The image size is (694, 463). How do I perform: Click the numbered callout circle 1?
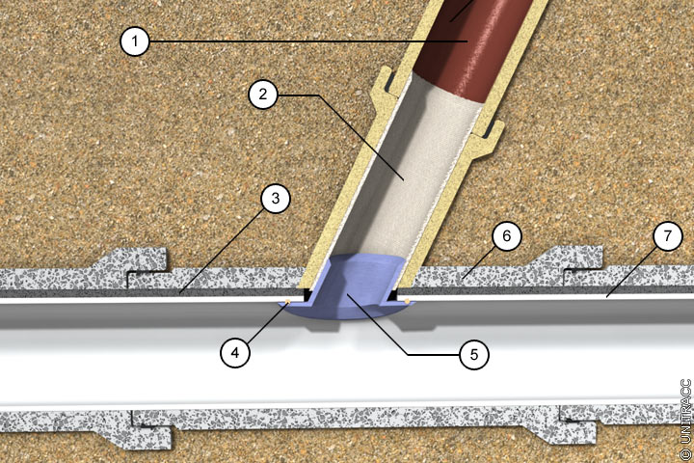[135, 41]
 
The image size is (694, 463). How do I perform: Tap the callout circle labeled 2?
[263, 94]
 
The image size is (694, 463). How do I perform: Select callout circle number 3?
[276, 199]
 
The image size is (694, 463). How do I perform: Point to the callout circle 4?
[235, 353]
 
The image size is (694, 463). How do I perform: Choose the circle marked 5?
[474, 354]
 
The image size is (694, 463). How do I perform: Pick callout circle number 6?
[507, 235]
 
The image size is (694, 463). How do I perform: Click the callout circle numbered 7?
[668, 236]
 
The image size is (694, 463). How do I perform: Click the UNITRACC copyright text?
[685, 419]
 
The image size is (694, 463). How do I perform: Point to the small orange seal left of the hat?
[287, 302]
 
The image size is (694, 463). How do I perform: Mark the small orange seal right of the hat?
[407, 302]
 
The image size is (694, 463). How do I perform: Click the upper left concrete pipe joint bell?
[133, 266]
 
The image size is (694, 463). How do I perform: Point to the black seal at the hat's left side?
[307, 295]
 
